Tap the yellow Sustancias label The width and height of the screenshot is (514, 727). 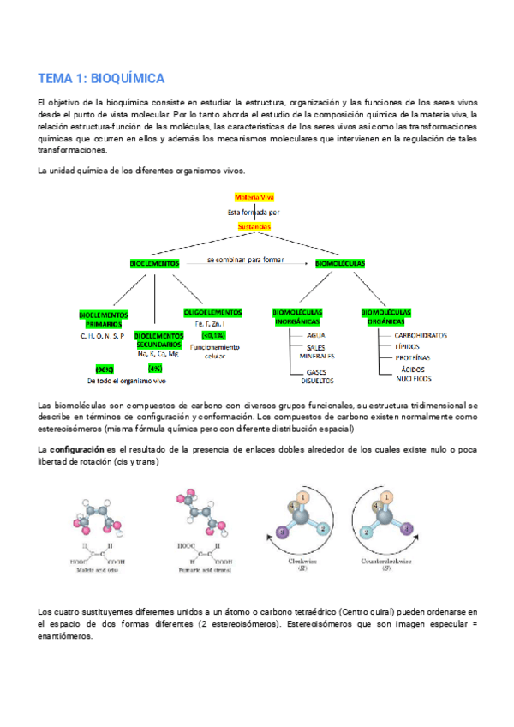[254, 226]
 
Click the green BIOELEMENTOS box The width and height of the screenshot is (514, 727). [155, 263]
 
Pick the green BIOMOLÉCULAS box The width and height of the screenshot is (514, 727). [340, 262]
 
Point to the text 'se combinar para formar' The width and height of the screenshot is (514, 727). [247, 259]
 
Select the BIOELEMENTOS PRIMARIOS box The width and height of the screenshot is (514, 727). [104, 320]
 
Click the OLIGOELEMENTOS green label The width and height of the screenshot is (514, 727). [212, 312]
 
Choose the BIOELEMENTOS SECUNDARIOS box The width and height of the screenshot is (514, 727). [158, 339]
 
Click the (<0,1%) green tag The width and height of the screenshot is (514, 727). [213, 335]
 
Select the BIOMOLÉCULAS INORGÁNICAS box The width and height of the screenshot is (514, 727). [297, 316]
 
